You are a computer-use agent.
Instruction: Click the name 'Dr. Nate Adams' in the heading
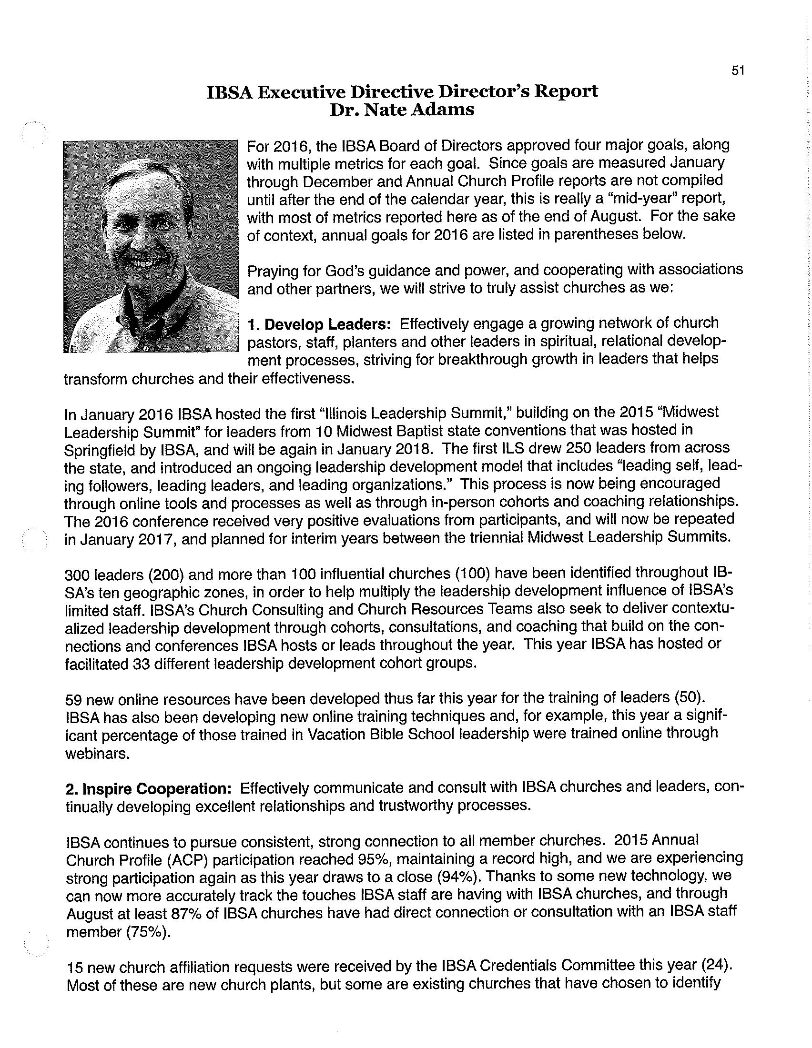click(x=402, y=110)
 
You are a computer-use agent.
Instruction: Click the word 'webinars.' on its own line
click(x=97, y=754)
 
